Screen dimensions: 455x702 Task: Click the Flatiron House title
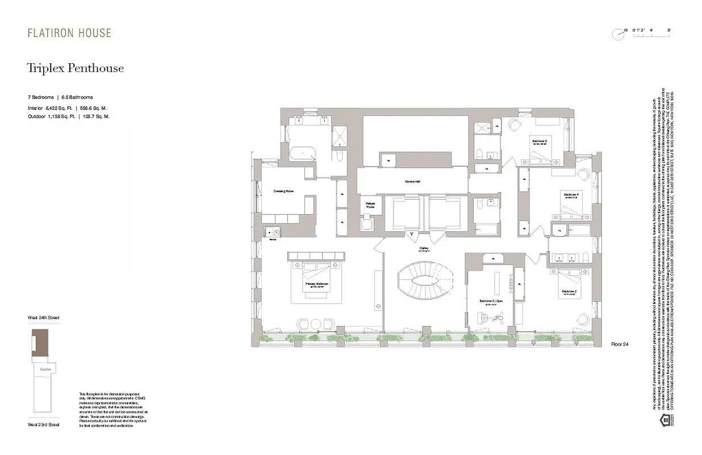69,33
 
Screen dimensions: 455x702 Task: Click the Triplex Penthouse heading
76,69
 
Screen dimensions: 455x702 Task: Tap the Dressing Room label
283,191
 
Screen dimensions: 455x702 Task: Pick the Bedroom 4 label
571,195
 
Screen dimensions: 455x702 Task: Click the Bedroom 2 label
570,291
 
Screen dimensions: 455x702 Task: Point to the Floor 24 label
620,345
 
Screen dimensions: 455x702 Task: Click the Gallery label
424,248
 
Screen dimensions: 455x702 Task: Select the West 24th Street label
44,317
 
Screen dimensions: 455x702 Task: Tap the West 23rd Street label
44,424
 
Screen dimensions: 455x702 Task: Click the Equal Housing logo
663,420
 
